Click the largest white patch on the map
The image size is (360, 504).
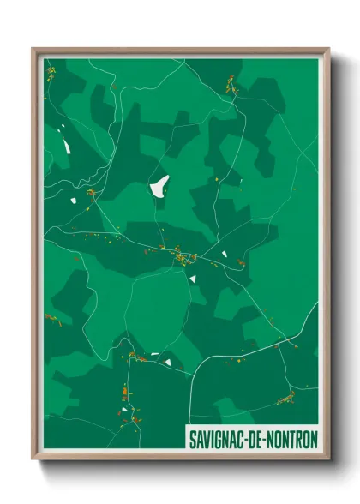coord(159,185)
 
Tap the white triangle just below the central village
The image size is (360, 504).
coord(194,278)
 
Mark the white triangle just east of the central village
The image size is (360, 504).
coord(224,255)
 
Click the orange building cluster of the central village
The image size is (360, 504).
coord(183,255)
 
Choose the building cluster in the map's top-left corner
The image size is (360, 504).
coord(51,72)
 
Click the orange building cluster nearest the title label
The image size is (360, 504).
coord(286,397)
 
